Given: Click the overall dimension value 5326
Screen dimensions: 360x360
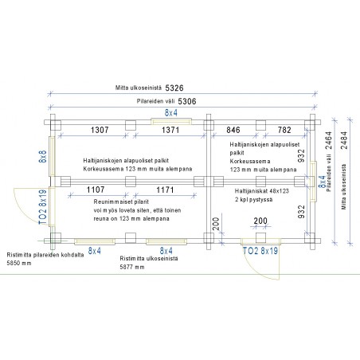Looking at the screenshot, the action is pyautogui.click(x=174, y=88).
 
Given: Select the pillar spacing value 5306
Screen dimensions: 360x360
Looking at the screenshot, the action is pyautogui.click(x=187, y=101).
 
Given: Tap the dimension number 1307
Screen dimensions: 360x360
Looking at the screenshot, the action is pyautogui.click(x=100, y=130).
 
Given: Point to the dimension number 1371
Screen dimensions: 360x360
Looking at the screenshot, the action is pyautogui.click(x=170, y=130).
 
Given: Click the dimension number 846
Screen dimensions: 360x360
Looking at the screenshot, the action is pyautogui.click(x=233, y=130).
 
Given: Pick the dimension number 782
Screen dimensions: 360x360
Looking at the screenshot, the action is pyautogui.click(x=284, y=130).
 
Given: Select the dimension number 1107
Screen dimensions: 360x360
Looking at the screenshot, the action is pyautogui.click(x=96, y=190).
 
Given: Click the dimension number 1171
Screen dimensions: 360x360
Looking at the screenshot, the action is pyautogui.click(x=165, y=190).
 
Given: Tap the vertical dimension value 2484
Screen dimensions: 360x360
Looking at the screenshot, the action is pyautogui.click(x=344, y=140).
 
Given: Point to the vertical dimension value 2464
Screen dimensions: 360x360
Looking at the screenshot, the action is pyautogui.click(x=329, y=140).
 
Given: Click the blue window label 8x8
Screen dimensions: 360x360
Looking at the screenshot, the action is pyautogui.click(x=43, y=157).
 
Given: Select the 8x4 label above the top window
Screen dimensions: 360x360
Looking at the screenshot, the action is pyautogui.click(x=171, y=113).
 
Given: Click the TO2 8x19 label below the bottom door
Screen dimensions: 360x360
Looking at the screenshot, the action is pyautogui.click(x=260, y=251).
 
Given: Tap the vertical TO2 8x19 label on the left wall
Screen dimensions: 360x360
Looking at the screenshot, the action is pyautogui.click(x=43, y=207).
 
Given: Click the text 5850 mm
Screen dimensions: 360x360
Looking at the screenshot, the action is pyautogui.click(x=19, y=264).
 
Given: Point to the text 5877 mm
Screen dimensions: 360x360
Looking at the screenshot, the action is pyautogui.click(x=132, y=267).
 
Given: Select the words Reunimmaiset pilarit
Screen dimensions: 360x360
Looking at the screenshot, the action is pyautogui.click(x=121, y=202).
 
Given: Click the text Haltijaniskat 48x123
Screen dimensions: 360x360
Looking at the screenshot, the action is pyautogui.click(x=262, y=191).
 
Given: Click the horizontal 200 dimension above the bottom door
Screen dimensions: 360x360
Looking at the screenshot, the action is pyautogui.click(x=260, y=221).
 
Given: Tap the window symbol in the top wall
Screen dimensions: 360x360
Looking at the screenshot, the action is pyautogui.click(x=171, y=122).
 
